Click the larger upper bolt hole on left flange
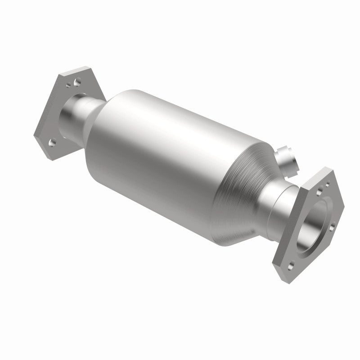77,82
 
